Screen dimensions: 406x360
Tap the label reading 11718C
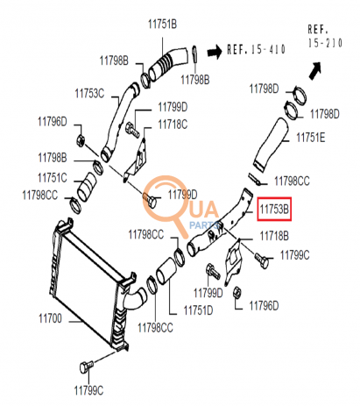click(173, 124)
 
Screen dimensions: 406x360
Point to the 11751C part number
click(52, 176)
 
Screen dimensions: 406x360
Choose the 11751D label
click(199, 310)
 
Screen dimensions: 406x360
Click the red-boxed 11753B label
click(275, 210)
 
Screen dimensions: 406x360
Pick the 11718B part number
click(272, 237)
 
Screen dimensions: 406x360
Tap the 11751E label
click(309, 137)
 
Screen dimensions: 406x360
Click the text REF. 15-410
click(257, 49)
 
